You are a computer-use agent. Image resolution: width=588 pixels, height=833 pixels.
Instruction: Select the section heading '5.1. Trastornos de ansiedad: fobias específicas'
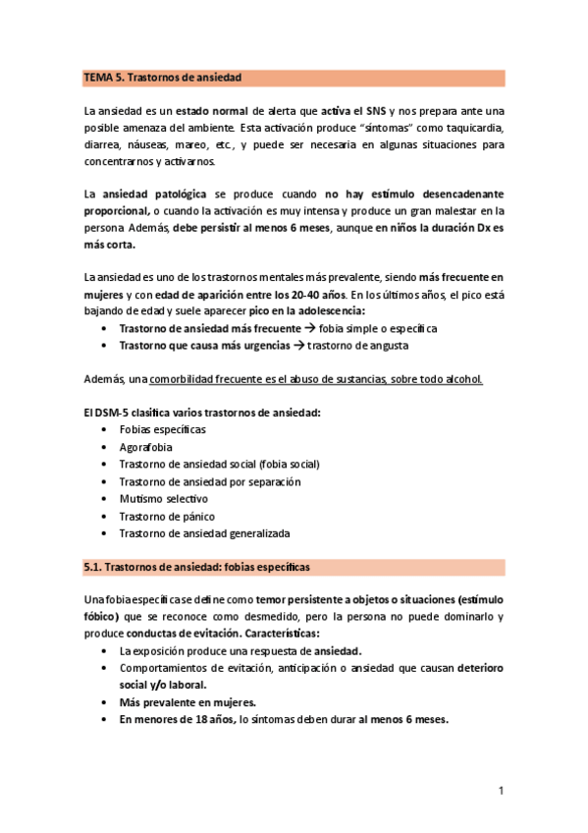point(196,567)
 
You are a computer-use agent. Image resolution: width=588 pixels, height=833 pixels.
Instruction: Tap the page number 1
point(501,791)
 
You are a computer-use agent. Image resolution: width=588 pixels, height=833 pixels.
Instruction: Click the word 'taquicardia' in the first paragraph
point(473,129)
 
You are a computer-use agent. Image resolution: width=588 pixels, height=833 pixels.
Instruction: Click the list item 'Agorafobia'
point(144,447)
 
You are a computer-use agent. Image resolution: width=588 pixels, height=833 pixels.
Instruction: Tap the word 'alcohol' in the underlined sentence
point(462,379)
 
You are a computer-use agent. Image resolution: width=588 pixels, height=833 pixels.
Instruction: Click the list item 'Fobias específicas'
point(162,429)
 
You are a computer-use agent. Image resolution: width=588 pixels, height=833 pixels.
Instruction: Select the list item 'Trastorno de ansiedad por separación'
point(209,481)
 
